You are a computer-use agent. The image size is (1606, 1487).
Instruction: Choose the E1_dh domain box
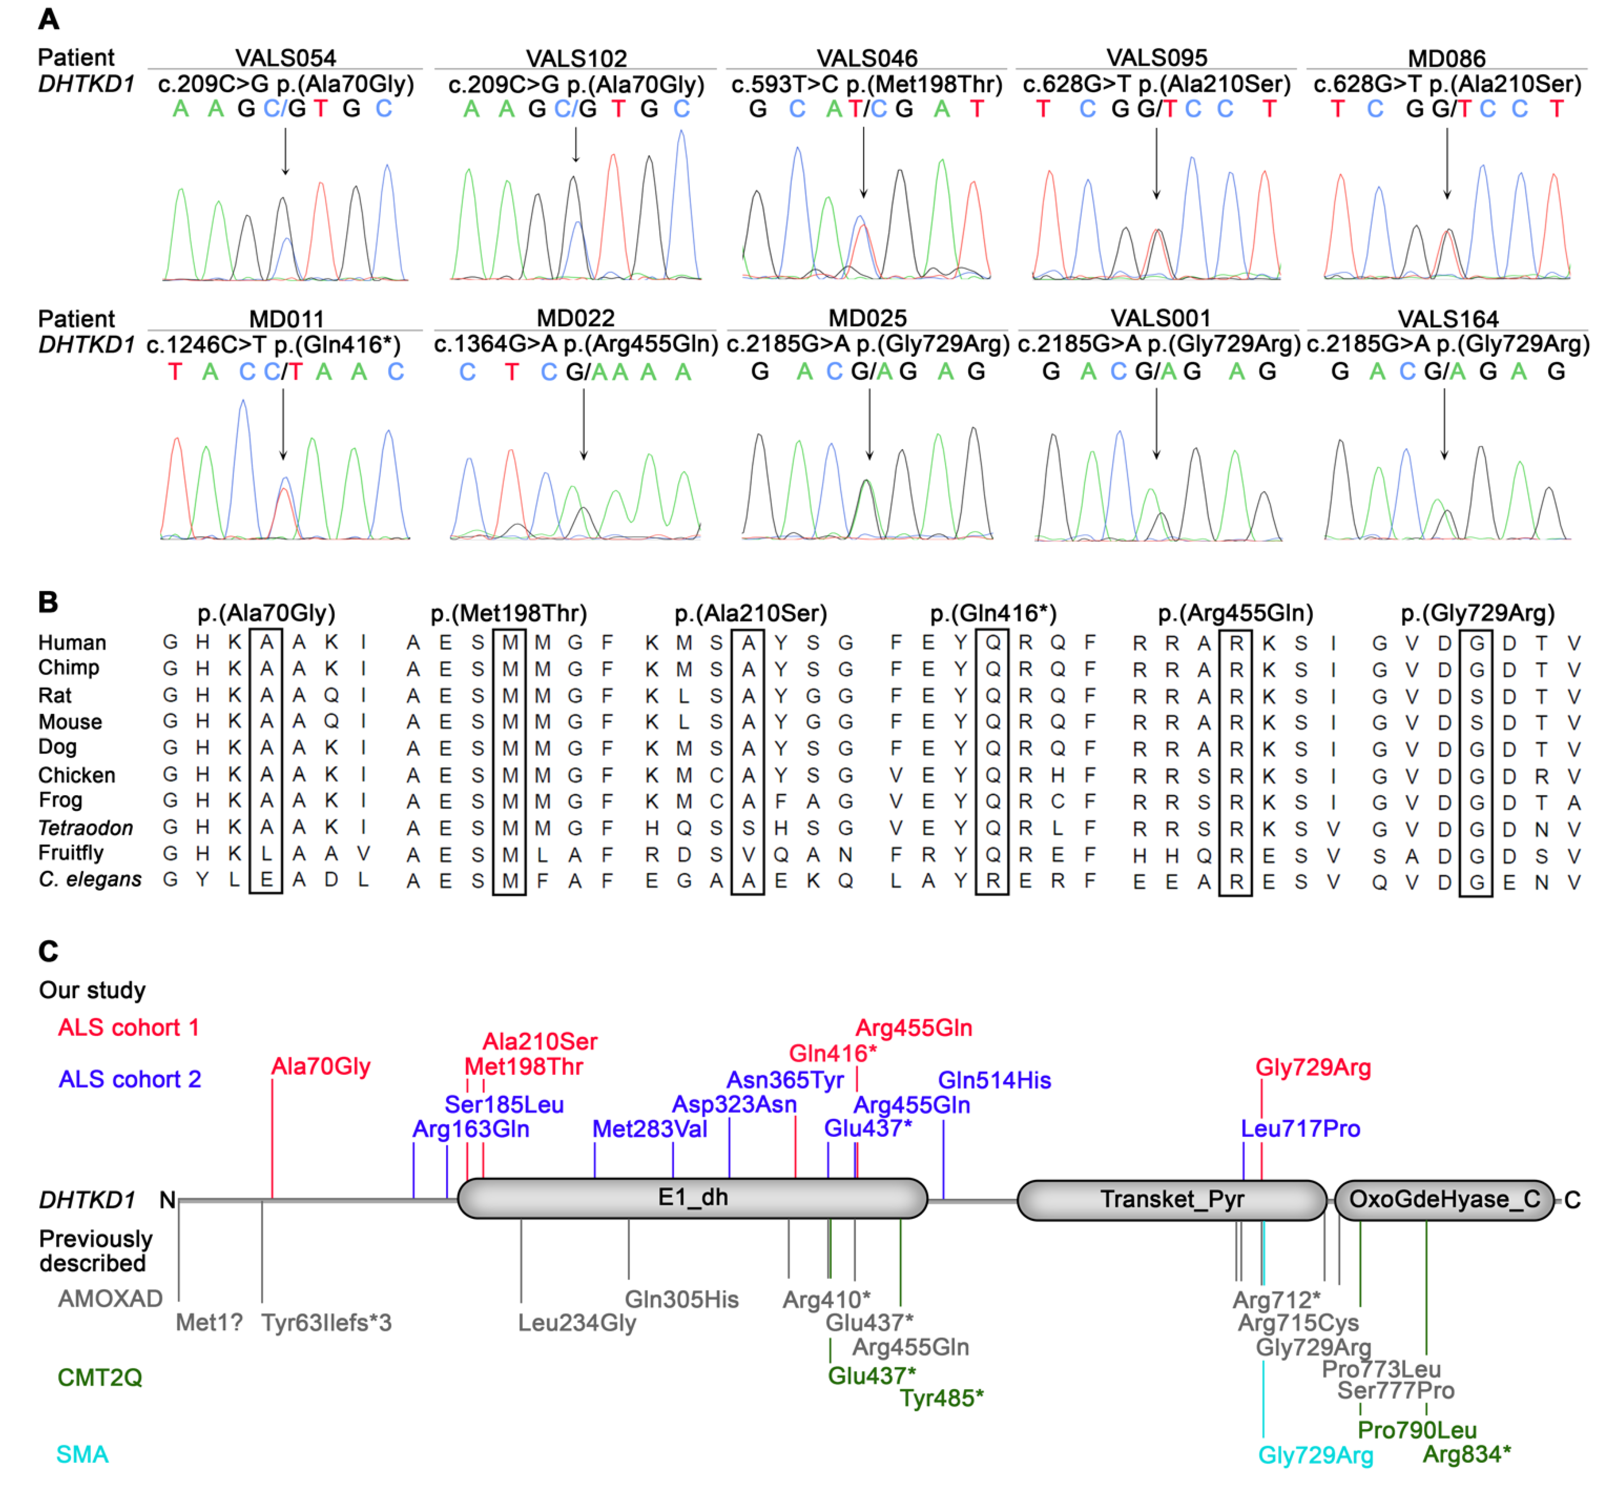click(x=692, y=1198)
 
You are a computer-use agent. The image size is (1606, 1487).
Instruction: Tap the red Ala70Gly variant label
click(x=321, y=1067)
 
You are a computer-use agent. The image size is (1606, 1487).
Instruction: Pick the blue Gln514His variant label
click(x=994, y=1081)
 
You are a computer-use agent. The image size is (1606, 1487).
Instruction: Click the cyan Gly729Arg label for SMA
click(x=1316, y=1455)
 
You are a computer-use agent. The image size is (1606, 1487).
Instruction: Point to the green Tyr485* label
click(x=941, y=1398)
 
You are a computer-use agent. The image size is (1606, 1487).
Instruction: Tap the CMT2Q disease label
click(x=100, y=1378)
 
